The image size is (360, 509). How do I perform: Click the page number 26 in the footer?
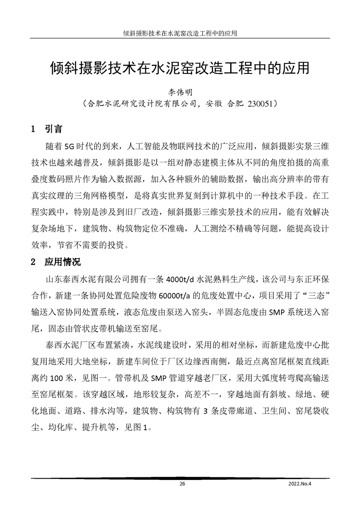pos(182,484)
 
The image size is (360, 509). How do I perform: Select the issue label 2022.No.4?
pos(301,484)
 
